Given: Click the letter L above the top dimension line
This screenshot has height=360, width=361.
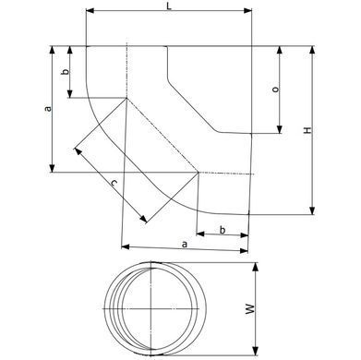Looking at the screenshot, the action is click(x=169, y=6).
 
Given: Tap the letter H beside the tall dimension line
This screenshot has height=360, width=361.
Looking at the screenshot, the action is click(x=307, y=130).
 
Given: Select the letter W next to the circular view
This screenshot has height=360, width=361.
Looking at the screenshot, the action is click(x=251, y=309).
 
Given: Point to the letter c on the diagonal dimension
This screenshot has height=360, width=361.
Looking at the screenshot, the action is click(x=114, y=184).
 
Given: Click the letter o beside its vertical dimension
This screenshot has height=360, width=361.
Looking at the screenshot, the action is click(x=276, y=90).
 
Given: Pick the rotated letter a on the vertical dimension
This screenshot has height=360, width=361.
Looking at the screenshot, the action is click(x=47, y=109).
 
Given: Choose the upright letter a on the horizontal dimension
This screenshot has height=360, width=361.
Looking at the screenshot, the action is click(x=185, y=245).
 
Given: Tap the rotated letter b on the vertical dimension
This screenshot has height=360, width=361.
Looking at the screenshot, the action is click(x=66, y=72).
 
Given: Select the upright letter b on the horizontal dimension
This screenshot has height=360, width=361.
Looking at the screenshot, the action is click(x=223, y=230).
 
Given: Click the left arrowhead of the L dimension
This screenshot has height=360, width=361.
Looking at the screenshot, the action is click(x=90, y=11).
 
